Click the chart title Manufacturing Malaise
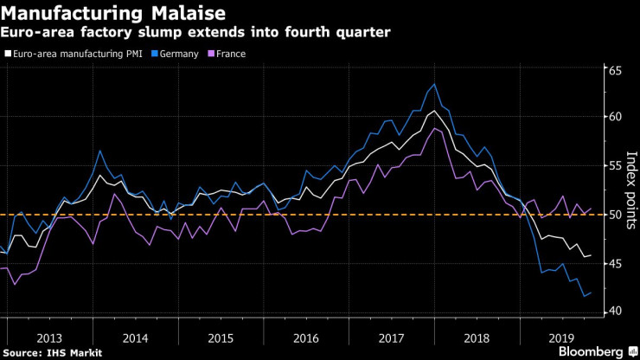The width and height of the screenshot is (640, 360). coord(116,14)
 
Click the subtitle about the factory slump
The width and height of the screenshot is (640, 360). coord(196,33)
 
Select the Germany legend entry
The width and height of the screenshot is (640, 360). coord(180,54)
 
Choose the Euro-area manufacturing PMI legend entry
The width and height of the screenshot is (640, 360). coord(79,54)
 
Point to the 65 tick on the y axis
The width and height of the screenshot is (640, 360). coord(615,71)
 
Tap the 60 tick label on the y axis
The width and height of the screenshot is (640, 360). coord(615,117)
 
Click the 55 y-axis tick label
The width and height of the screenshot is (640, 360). coord(615,165)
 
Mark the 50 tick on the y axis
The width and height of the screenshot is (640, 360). coord(615,215)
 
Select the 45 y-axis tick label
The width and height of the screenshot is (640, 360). coord(615,264)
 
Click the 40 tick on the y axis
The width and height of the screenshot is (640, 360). coord(615,312)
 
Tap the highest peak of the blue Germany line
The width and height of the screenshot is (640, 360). coord(433,84)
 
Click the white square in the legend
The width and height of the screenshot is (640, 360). coord(8,54)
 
